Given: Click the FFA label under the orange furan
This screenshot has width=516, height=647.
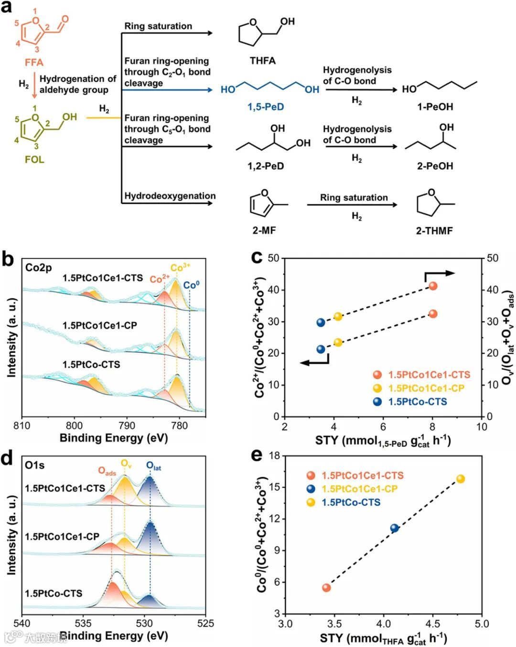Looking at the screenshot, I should [x=34, y=63].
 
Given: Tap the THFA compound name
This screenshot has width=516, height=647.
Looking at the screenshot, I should [x=262, y=61].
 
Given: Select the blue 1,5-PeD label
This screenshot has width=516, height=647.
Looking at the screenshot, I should [x=266, y=106].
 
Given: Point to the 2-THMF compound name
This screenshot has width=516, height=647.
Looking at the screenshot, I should [x=434, y=231].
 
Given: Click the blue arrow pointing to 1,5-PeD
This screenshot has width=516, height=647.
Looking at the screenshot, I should [x=167, y=90].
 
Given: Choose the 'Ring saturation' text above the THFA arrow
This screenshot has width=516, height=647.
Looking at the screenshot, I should [x=158, y=26].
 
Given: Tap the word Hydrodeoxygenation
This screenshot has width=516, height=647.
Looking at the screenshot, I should [x=170, y=196].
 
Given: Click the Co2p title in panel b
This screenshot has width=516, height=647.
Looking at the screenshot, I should [x=38, y=267].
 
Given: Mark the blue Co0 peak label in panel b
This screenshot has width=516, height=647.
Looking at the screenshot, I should [x=191, y=285].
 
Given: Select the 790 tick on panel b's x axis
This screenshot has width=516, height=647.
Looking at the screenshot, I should [x=127, y=425].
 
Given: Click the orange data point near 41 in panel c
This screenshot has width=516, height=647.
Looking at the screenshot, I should [x=433, y=286].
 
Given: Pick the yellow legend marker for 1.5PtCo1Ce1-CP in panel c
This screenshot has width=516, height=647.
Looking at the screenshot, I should [x=377, y=388].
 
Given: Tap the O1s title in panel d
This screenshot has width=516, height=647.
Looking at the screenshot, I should [x=34, y=465].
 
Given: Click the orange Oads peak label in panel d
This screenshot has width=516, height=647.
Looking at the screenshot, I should [x=107, y=471].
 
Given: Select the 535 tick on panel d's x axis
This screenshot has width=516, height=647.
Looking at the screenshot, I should [x=83, y=623].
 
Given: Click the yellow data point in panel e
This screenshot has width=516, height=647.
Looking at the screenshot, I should [x=461, y=479].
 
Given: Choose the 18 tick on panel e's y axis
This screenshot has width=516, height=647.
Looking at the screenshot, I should [x=274, y=456].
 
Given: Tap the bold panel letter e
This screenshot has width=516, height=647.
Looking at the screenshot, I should [x=257, y=455].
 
